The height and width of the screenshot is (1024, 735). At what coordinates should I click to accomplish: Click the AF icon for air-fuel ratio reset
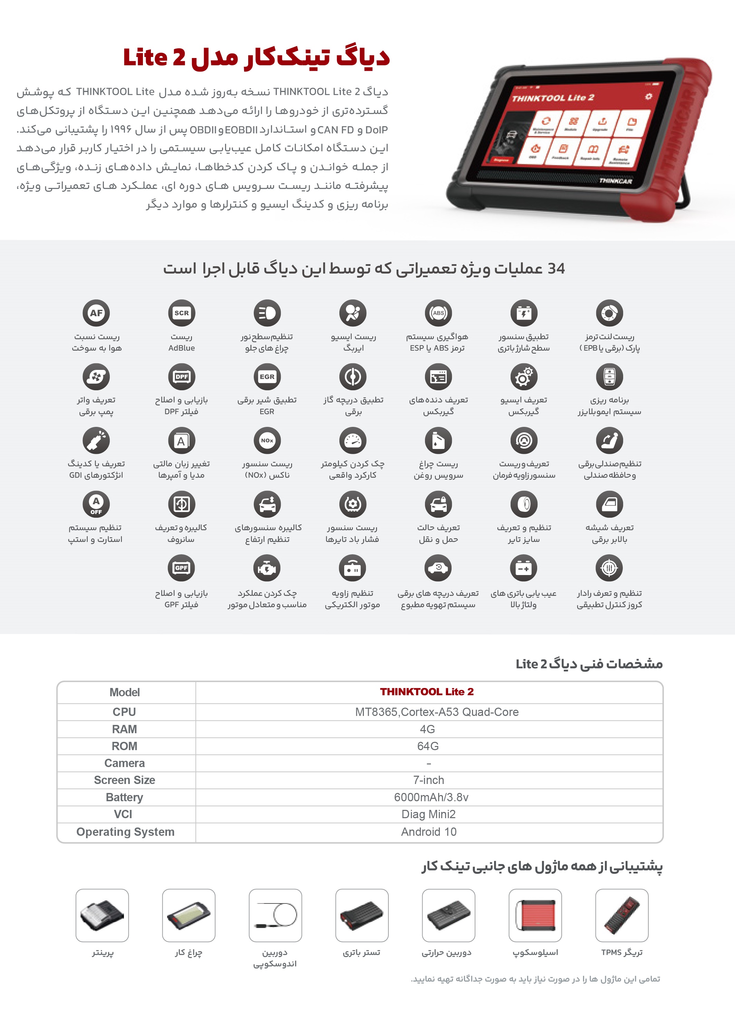coord(96,313)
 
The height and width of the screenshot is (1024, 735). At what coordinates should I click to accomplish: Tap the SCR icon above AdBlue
coord(181,313)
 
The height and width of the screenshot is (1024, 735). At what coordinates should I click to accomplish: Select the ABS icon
coord(438,313)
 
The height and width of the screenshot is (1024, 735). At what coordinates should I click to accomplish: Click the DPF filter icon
coord(181,376)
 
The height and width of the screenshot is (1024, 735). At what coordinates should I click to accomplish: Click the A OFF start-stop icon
coord(96,504)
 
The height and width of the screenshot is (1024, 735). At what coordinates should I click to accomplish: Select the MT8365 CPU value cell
coord(436,712)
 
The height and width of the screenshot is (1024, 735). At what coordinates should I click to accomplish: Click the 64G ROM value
coord(428,746)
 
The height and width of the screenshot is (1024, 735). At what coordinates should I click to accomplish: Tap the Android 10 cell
coord(429,832)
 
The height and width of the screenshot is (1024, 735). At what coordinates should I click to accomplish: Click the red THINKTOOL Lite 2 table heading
coord(426,692)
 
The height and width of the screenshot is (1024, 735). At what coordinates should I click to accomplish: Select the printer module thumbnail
coord(102,915)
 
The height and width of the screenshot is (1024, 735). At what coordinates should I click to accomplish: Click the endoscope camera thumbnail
coord(275,915)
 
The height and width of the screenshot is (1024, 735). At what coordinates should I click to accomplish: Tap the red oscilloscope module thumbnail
coord(535,915)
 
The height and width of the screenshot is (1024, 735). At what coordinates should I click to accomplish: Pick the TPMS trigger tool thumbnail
coord(621,915)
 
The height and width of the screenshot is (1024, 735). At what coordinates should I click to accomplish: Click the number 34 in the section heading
coord(556,269)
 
